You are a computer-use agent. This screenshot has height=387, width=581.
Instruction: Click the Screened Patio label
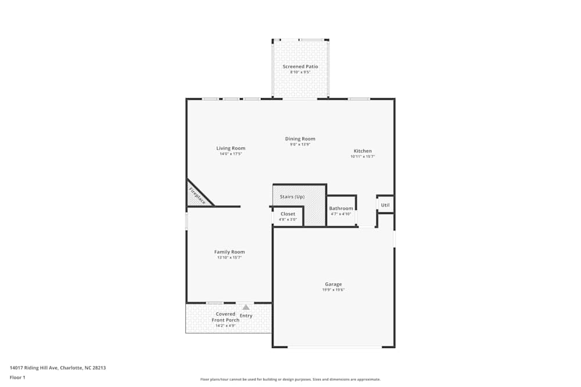pos(300,67)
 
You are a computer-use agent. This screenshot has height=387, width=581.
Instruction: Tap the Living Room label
pos(231,149)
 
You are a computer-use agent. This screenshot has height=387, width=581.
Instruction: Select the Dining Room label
pos(300,139)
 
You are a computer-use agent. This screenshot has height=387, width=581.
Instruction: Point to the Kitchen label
pos(363,151)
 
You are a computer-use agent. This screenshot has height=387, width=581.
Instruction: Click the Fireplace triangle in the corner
pos(196,196)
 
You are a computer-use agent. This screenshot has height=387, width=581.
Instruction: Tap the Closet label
pos(288,214)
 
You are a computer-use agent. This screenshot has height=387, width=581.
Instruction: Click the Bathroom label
pos(340,208)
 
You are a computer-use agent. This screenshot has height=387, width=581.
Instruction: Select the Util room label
pos(385,205)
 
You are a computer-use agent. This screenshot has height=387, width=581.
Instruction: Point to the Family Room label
pos(229,252)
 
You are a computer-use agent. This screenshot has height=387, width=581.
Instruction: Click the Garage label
pos(333,284)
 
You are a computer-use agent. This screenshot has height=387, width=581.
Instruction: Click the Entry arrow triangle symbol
pos(246,307)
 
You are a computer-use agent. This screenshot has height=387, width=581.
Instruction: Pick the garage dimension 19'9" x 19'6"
pos(333,290)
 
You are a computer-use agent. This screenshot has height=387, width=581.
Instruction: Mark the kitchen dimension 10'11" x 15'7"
pos(363,157)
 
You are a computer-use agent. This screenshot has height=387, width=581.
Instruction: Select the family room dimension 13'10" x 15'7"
pos(229,258)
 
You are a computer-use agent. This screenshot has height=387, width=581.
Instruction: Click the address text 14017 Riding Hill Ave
pos(58,367)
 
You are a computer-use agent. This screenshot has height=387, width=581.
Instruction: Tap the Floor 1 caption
pos(17,377)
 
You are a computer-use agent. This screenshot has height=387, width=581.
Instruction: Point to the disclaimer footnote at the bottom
pos(290,379)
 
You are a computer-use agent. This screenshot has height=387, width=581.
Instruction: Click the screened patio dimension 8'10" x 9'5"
pos(300,73)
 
